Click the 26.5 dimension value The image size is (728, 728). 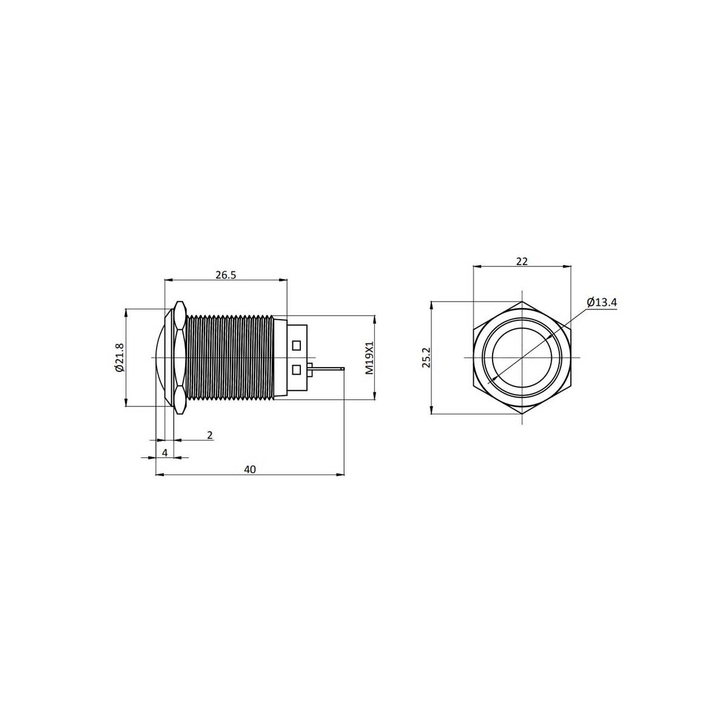click(226, 275)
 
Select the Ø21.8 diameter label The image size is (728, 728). click(120, 357)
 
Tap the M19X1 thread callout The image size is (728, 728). click(369, 358)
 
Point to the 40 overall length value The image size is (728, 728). click(250, 469)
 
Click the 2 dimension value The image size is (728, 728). click(210, 435)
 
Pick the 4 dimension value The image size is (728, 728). click(165, 453)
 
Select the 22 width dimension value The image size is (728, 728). click(522, 261)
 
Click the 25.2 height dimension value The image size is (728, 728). click(426, 357)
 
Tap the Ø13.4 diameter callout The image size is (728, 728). click(602, 302)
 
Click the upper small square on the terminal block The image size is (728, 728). click(296, 345)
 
